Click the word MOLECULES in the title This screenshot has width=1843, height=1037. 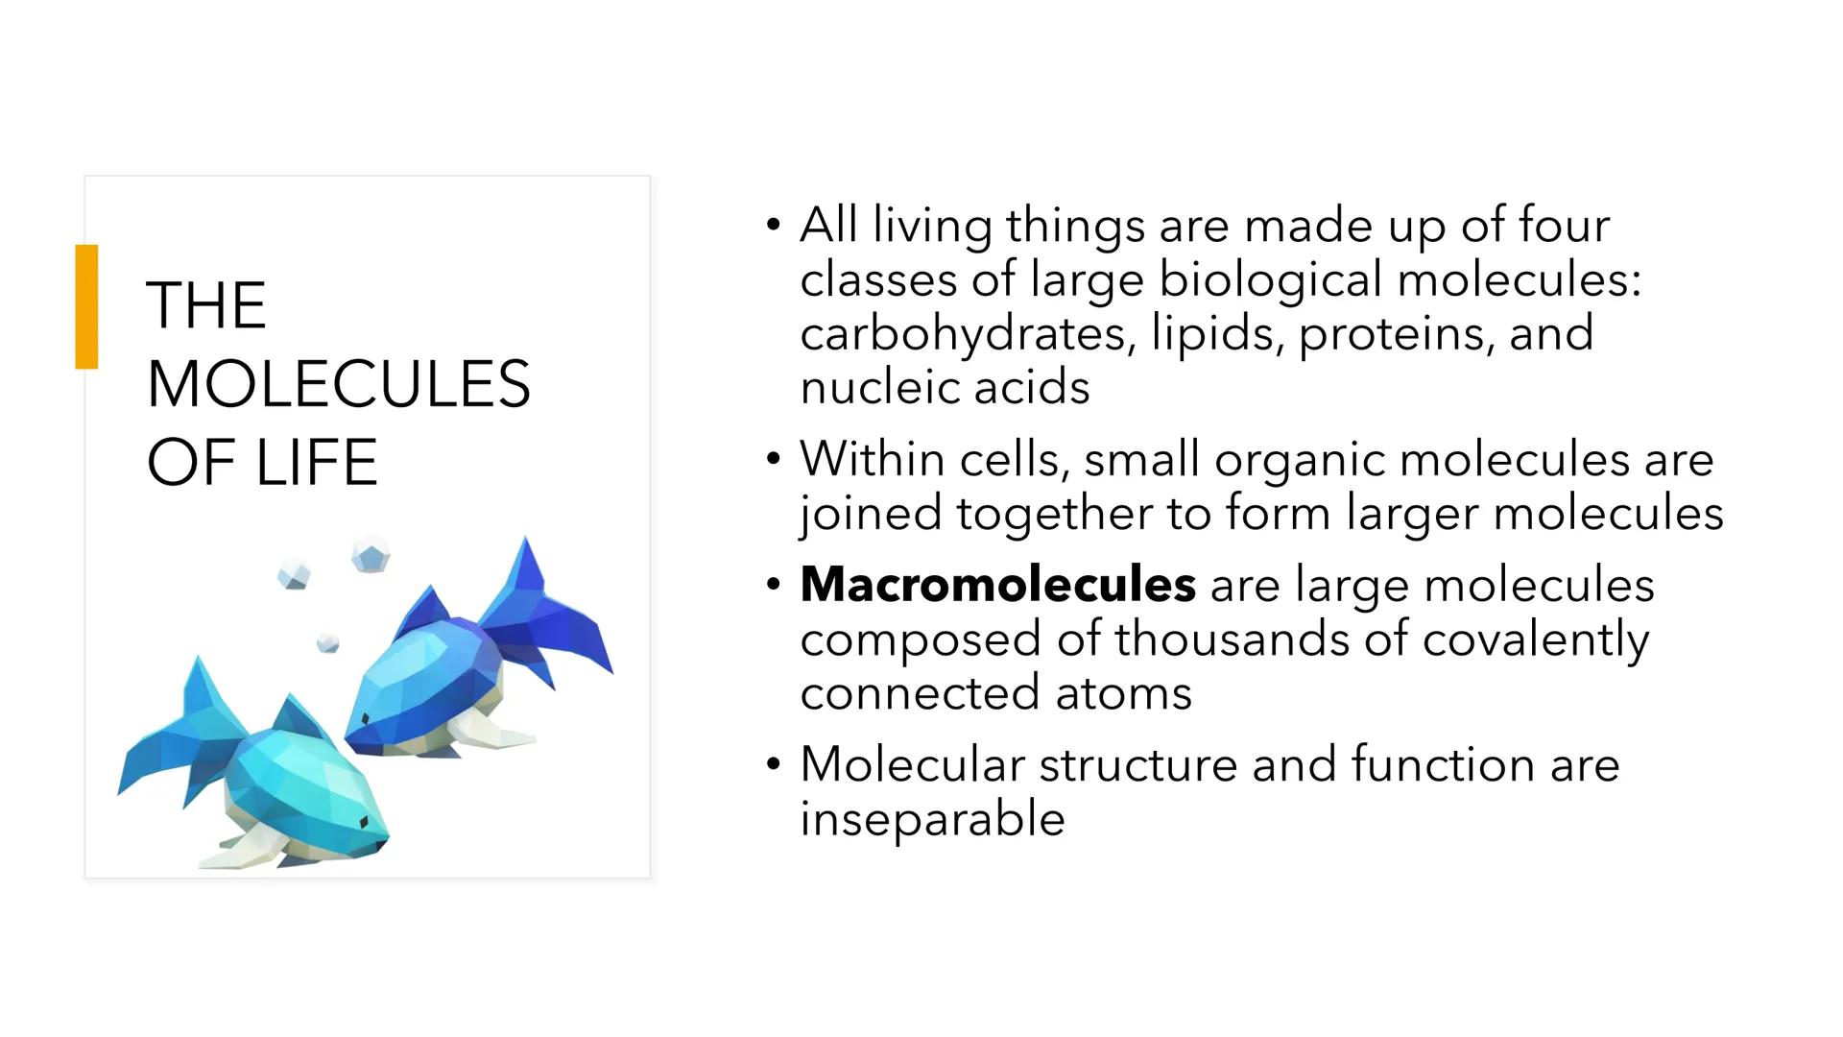[338, 384]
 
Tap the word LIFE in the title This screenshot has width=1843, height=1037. [316, 463]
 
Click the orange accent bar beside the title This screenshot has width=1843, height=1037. [86, 306]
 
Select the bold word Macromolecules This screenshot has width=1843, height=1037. [997, 584]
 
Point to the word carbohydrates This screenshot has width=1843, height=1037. [963, 334]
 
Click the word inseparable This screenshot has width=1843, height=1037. [932, 819]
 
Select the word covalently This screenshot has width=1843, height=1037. [1535, 639]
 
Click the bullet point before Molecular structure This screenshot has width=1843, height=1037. [774, 765]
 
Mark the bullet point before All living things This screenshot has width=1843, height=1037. [774, 226]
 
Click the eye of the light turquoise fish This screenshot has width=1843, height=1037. [364, 822]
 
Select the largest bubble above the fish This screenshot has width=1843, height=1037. [371, 554]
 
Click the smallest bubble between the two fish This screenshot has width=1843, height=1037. [327, 642]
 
